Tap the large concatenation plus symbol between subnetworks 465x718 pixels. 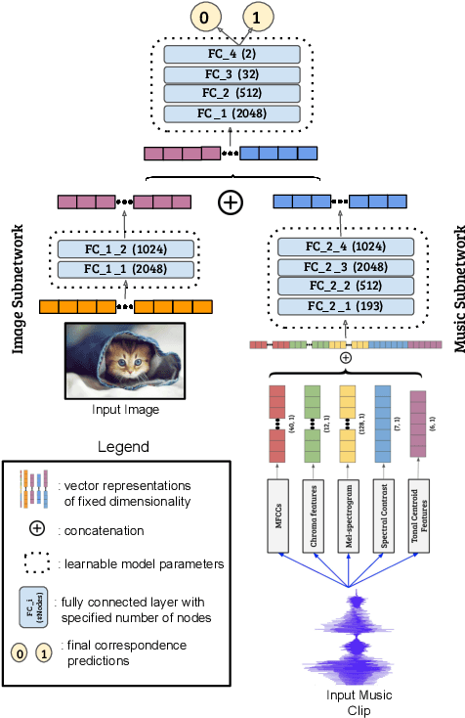[x=230, y=202]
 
